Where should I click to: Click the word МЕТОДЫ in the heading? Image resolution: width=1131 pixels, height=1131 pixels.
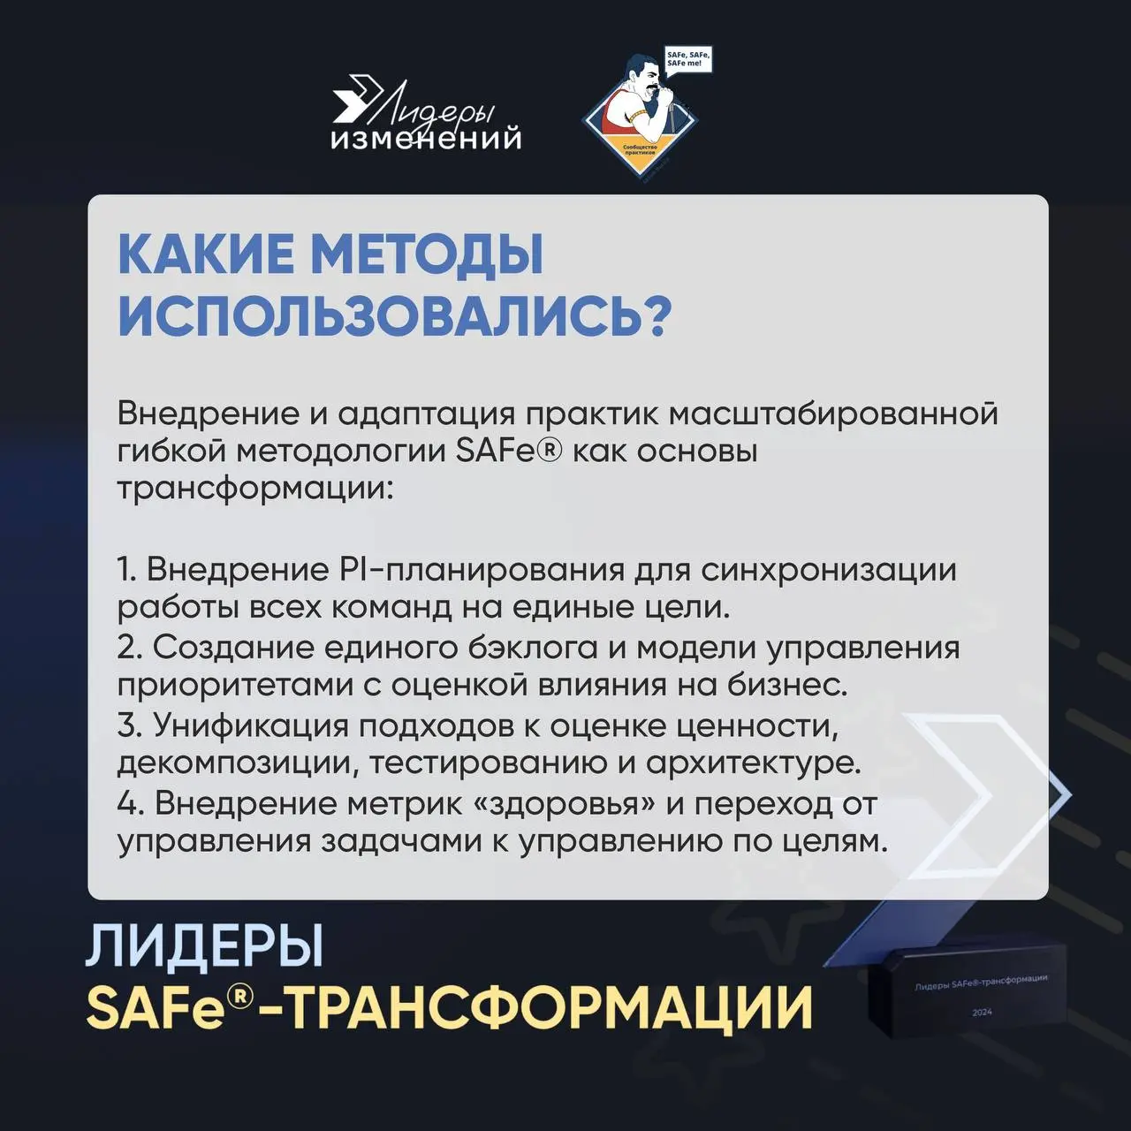(428, 254)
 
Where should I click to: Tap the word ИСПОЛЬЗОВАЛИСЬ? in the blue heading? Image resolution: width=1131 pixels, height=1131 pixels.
(394, 315)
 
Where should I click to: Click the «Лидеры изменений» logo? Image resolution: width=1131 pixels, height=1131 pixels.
(425, 116)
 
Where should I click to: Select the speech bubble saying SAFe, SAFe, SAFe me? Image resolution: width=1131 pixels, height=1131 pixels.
(687, 60)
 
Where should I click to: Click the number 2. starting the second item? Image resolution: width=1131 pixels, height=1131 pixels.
(129, 647)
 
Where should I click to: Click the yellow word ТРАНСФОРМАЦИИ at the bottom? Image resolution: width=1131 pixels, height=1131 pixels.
(550, 1008)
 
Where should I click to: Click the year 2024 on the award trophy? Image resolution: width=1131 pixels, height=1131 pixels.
(982, 1012)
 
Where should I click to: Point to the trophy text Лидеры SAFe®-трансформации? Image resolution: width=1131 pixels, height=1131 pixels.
(981, 982)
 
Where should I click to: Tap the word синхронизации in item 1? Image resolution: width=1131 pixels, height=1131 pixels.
(829, 569)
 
